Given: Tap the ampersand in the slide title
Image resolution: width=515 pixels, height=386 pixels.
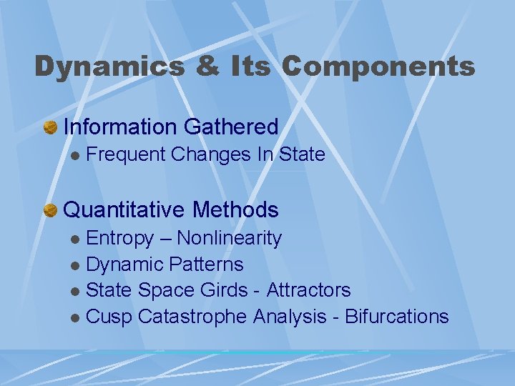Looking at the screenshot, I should tap(187, 66).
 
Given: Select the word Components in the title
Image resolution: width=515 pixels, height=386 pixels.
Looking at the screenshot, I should tap(378, 66).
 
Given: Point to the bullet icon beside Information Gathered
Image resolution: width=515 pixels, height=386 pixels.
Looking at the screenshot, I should tap(51, 127).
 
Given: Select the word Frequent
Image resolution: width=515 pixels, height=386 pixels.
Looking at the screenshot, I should tap(126, 154).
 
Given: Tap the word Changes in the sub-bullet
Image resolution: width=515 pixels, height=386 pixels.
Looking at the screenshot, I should tap(212, 154).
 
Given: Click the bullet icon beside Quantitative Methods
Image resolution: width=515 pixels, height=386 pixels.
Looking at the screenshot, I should tap(51, 210).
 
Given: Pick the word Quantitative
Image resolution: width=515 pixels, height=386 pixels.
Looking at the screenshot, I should tap(124, 210).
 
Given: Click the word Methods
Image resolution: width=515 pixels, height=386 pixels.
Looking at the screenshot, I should tap(235, 210).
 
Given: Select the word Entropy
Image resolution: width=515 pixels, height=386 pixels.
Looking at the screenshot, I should tap(119, 238).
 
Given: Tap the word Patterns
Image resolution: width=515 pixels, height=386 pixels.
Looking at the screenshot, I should tap(207, 264).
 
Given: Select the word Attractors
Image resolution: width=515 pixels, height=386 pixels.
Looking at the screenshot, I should tap(308, 290).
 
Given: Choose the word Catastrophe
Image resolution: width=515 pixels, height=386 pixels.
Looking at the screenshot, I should tap(192, 317).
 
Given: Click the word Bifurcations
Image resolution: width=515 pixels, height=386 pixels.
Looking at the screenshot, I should tap(397, 317).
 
